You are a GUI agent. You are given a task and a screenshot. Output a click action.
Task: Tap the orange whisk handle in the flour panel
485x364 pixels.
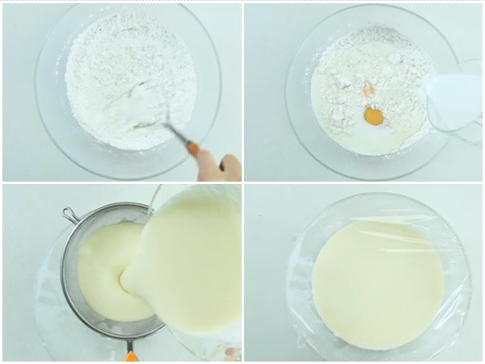[192, 148]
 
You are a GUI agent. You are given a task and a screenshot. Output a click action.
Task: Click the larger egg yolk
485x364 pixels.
[373, 117]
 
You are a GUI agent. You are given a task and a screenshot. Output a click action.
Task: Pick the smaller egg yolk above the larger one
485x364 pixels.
[369, 90]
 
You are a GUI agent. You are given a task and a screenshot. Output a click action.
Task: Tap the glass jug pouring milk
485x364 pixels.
[454, 101]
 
